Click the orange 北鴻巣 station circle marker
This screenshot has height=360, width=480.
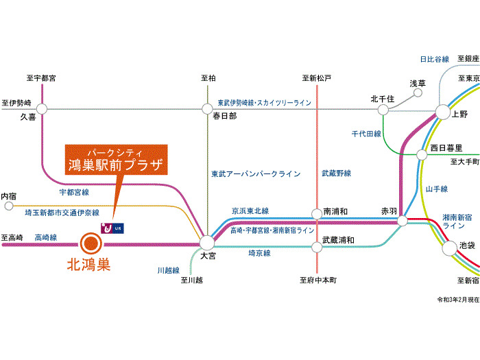[89, 243]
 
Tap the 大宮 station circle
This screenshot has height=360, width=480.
[207, 242]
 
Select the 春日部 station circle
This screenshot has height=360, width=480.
[207, 108]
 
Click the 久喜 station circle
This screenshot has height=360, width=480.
[42, 108]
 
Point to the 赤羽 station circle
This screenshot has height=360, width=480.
[403, 220]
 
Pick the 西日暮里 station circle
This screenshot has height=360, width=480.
[422, 154]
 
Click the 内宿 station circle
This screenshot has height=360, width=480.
[8, 205]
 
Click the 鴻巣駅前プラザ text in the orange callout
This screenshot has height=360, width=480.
[116, 165]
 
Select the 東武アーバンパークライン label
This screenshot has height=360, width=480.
[255, 174]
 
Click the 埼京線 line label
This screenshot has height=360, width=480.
[259, 253]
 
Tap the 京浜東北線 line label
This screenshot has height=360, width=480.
[250, 211]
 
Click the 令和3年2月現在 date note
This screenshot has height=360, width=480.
[457, 300]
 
